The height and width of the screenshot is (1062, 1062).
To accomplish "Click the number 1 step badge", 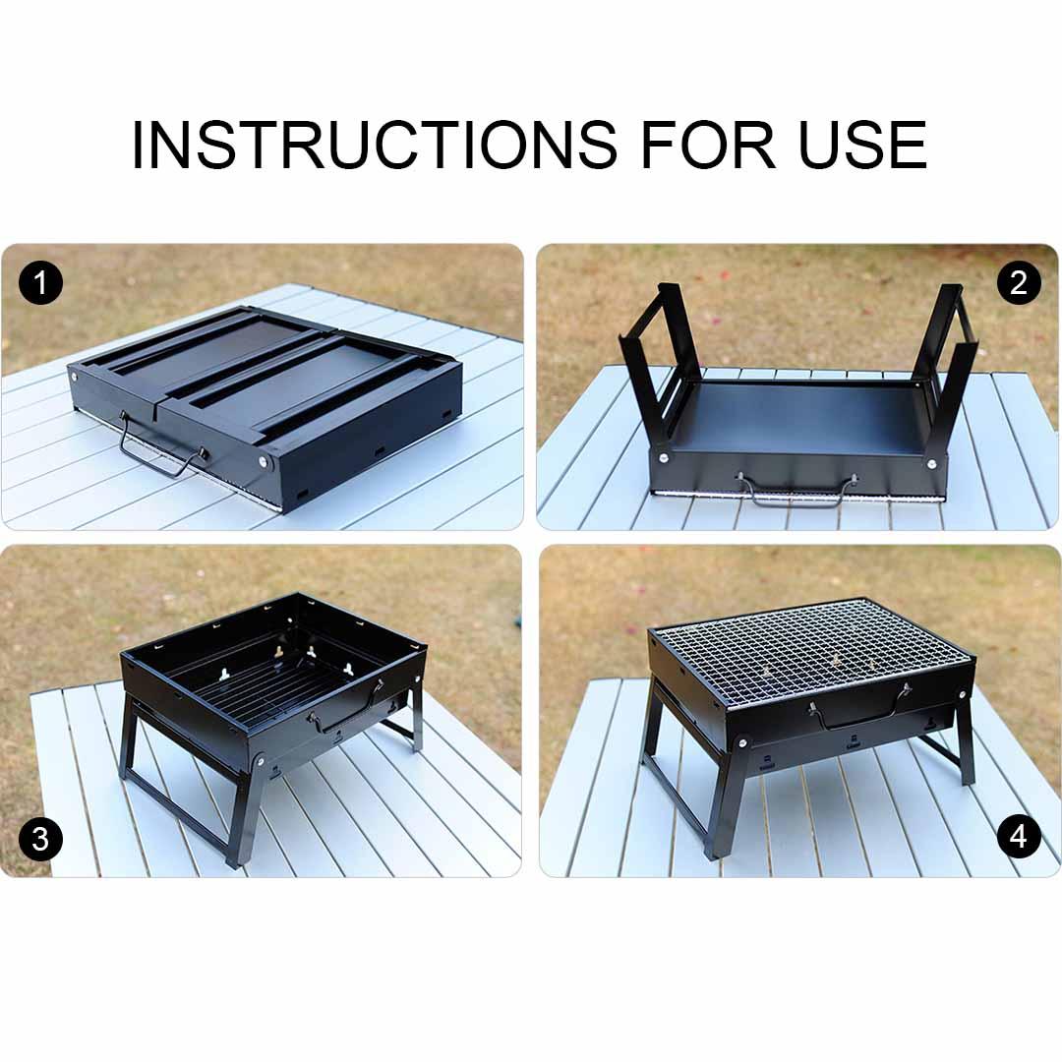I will [x=40, y=284].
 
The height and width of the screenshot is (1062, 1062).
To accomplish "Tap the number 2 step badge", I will [x=1018, y=283].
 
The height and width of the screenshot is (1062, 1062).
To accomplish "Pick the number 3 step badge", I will [x=40, y=839].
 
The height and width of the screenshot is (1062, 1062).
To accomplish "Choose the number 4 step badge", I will [x=1018, y=837].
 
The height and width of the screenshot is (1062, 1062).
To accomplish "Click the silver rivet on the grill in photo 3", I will [x=260, y=760].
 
